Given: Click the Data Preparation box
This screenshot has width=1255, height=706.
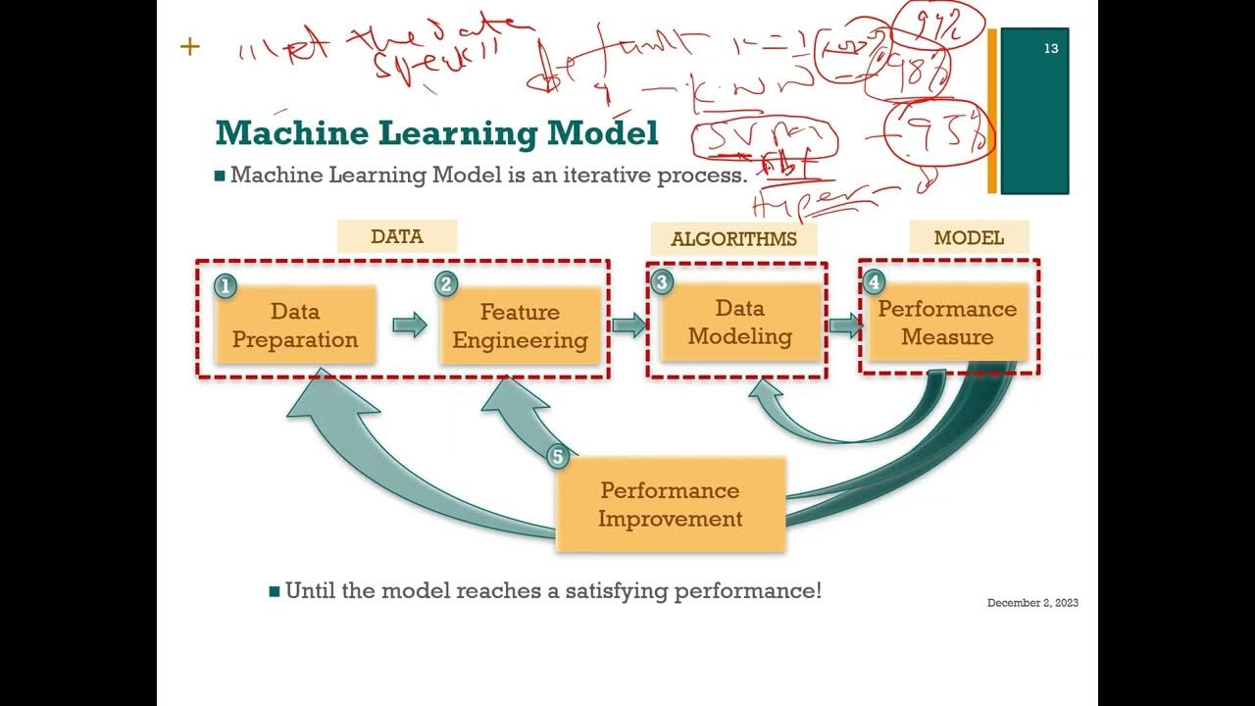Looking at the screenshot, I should coord(295,326).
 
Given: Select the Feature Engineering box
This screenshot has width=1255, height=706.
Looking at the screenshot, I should coord(520,326).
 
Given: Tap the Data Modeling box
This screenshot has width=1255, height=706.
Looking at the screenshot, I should coord(739,322).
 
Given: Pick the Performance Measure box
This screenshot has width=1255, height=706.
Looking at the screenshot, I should coord(947,323).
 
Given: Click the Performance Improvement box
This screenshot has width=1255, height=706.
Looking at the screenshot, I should coord(671,504).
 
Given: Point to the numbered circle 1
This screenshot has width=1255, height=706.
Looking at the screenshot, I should coord(226,286).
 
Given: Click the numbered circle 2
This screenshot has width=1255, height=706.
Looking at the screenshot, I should coord(446,284).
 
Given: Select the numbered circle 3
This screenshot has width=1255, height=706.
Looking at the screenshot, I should coord(662,282).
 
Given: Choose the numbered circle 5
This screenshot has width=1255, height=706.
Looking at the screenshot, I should coord(558,456).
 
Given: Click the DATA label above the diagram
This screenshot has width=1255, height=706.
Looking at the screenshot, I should coord(397,236).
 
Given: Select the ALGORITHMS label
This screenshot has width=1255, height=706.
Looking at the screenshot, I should coord(733,239).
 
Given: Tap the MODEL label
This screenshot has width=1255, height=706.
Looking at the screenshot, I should coord(969,238).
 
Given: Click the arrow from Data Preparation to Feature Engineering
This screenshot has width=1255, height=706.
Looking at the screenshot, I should coord(410,325).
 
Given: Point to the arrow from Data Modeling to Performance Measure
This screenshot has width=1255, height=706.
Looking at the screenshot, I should coord(844,326).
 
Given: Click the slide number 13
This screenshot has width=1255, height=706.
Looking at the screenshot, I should coord(1051,48).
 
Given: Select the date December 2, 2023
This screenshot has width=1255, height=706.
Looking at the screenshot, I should coord(1032,603).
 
